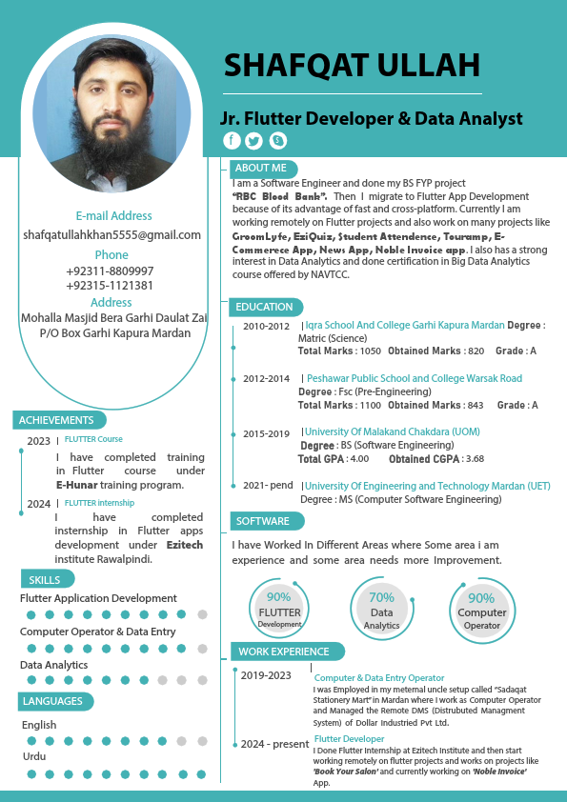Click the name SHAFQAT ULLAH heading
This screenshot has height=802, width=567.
[352, 65]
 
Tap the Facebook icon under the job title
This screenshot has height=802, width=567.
[232, 141]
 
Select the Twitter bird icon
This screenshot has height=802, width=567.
[253, 141]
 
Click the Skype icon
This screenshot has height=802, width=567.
[277, 141]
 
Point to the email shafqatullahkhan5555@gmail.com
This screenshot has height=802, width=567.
[111, 234]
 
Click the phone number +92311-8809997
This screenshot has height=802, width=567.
[110, 271]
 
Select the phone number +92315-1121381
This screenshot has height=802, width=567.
[110, 285]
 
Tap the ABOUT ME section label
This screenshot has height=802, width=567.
[259, 169]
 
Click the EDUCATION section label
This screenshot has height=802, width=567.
[264, 307]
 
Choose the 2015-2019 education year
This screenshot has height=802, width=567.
[266, 433]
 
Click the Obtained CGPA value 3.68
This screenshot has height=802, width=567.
[475, 459]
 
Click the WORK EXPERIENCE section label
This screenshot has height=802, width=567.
[283, 652]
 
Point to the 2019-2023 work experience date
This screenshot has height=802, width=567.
[266, 675]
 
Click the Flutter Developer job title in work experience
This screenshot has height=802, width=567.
[349, 738]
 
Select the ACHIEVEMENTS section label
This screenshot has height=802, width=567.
[56, 420]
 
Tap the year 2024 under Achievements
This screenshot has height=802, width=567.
[39, 504]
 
